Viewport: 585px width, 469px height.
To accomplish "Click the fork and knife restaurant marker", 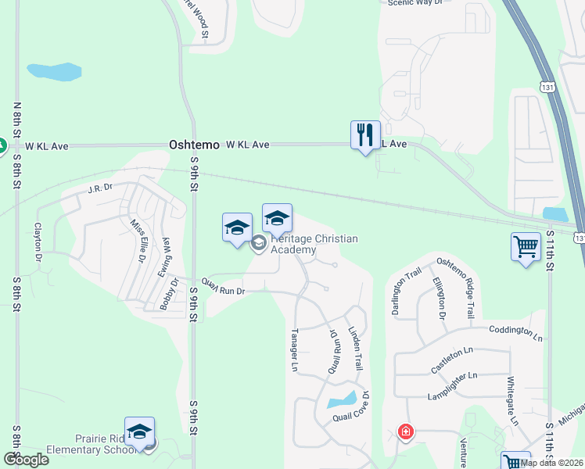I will [x=365, y=136].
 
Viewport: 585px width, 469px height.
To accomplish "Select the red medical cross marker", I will [x=405, y=431].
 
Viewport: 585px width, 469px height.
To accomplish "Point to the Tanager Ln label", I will [x=296, y=349].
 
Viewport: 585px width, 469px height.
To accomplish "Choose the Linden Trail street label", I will [x=357, y=349].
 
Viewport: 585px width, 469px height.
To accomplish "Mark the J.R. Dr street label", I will [x=101, y=188].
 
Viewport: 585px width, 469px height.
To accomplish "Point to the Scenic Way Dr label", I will [x=415, y=3].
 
